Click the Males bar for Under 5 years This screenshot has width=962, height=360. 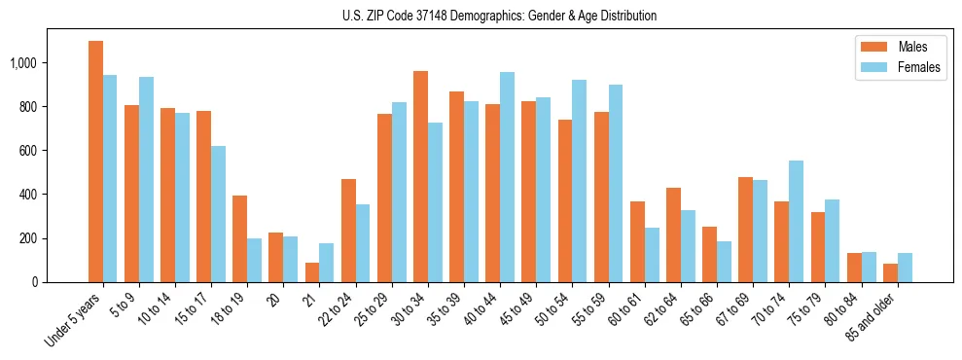(95, 162)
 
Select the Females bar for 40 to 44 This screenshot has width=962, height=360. (507, 177)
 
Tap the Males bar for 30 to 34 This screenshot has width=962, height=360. (420, 176)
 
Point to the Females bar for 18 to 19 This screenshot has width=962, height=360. (254, 260)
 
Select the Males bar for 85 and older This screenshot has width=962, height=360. (889, 272)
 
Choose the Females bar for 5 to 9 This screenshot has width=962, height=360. (146, 179)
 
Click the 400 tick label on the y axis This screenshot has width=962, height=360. (32, 195)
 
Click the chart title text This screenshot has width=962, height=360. (499, 16)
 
